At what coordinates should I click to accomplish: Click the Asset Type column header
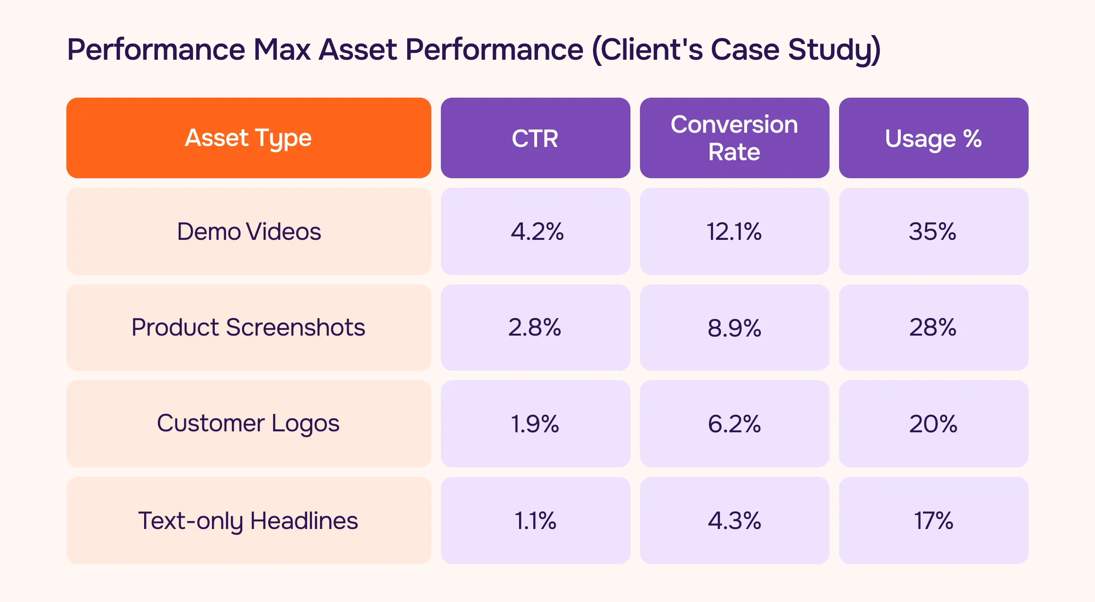248,138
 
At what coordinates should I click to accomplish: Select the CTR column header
535,138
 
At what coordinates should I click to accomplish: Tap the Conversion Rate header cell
734,138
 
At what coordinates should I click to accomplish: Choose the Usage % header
933,138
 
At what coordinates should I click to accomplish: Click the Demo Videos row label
248,231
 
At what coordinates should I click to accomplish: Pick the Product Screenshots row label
248,327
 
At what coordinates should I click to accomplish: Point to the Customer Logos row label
248,423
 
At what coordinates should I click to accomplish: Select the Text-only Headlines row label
248,520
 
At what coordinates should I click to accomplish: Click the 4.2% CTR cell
537,231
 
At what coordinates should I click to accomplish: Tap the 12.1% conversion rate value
734,231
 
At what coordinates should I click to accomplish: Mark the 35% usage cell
932,231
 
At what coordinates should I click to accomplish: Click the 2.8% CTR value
535,327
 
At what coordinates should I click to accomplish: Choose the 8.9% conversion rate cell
734,328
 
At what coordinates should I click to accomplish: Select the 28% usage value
932,327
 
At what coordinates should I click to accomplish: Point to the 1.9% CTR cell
535,424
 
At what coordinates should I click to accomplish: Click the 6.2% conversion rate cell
734,424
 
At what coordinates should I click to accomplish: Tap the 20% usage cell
933,424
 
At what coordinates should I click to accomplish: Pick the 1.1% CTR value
535,520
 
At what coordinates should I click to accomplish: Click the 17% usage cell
933,520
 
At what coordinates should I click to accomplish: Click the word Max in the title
282,50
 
